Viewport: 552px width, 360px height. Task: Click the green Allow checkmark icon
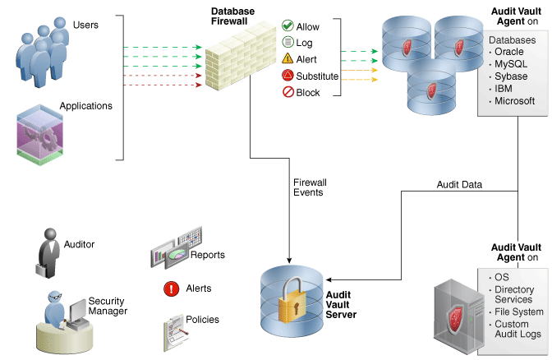287,26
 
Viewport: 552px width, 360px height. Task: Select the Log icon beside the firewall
287,43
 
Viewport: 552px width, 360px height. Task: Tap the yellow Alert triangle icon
287,59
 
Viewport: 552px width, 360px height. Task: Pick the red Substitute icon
287,76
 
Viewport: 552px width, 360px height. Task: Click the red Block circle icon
287,92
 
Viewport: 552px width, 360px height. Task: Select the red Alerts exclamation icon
172,288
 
